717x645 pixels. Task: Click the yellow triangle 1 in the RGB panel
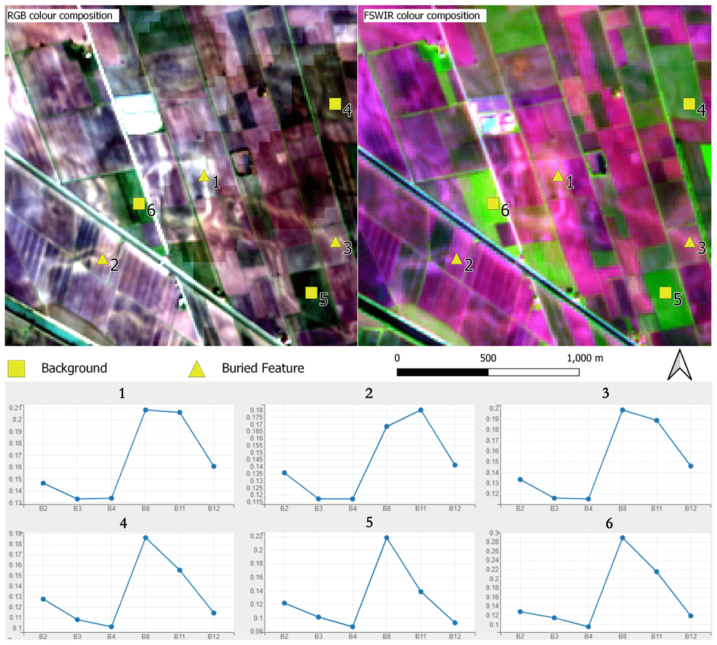point(204,176)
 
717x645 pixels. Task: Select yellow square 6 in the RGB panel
point(139,204)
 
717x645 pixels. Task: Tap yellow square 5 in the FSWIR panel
point(665,292)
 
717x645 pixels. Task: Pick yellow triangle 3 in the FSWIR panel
point(690,242)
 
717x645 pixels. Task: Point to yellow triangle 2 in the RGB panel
point(103,259)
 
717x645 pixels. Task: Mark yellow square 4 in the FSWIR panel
point(689,104)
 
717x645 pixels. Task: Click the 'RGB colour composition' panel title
point(60,16)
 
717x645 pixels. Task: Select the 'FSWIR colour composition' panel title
point(422,16)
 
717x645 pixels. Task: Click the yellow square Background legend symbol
point(17,368)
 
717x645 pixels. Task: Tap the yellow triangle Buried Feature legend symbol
point(197,369)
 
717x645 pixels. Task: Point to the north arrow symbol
point(680,365)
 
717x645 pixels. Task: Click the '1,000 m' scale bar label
point(585,358)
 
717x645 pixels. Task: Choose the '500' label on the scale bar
point(488,358)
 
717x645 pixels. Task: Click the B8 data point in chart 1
point(146,410)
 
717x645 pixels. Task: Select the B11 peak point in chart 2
point(421,410)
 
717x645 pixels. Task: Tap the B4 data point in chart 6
point(589,626)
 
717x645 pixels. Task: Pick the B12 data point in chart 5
point(455,623)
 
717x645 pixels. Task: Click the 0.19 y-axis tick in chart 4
point(16,533)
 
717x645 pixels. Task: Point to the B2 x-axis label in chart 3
point(520,509)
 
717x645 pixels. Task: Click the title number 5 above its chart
point(369,522)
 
